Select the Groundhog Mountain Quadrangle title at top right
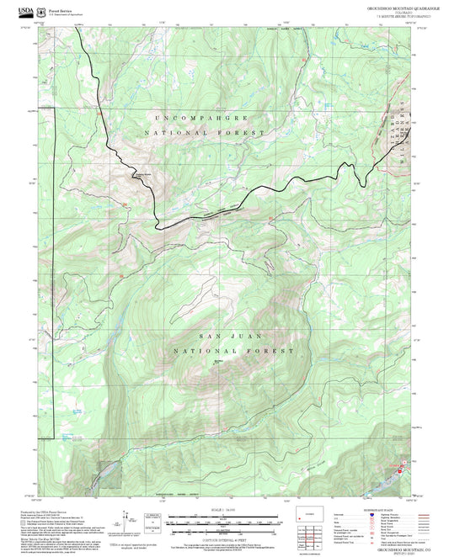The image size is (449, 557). (404, 8)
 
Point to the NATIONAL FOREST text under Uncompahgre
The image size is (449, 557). (205, 133)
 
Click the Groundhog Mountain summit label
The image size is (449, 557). (222, 363)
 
